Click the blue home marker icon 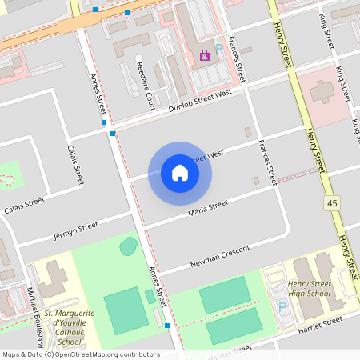click(180, 172)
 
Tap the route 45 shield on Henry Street click(331, 205)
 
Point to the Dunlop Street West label click(200, 102)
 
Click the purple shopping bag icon click(204, 55)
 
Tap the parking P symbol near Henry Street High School click(281, 307)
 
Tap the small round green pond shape click(127, 246)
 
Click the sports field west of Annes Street click(126, 311)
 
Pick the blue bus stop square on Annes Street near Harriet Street click(166, 326)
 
